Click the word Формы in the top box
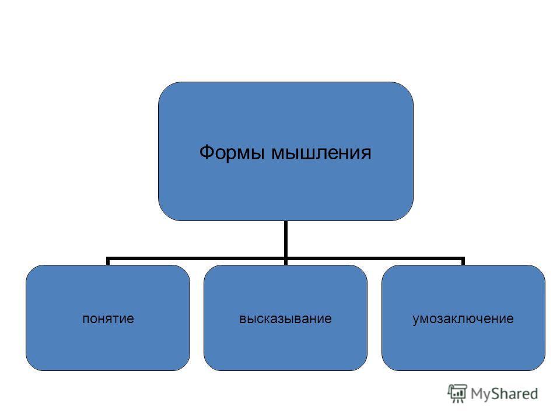tap(232, 152)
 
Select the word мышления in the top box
tap(321, 153)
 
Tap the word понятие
tap(108, 318)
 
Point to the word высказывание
tap(285, 318)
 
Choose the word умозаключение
tap(463, 319)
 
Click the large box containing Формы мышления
tap(286, 151)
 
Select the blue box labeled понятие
tap(108, 318)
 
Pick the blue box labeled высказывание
tap(285, 318)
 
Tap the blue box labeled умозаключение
tap(463, 318)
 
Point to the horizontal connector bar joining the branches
tap(285, 258)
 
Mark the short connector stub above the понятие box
tap(108, 261)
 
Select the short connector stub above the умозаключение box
tap(463, 261)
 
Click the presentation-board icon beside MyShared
tap(457, 393)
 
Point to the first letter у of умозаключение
tap(416, 320)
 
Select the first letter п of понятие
tap(86, 319)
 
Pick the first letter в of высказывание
tap(243, 319)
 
